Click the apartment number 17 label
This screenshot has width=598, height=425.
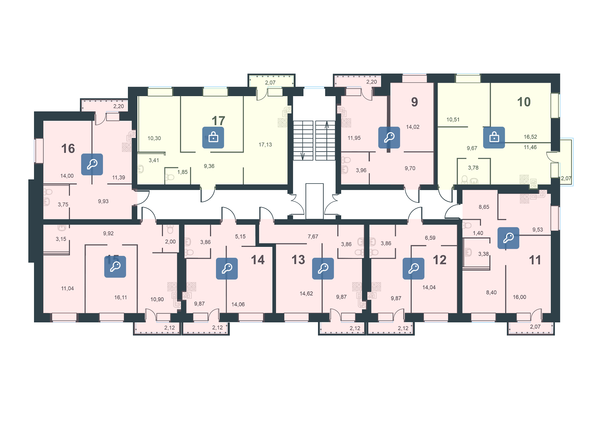pos(218,121)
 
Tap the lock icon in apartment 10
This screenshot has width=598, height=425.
pos(494,137)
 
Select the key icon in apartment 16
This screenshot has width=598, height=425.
pos(92,164)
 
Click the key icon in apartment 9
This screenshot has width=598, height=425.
pos(389,137)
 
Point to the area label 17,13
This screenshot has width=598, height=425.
pos(265,144)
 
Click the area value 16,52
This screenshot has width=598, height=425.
pos(530,137)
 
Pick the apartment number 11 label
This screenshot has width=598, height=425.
pos(535,260)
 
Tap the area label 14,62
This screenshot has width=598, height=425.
pos(306,293)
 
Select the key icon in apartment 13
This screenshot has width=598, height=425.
pos(323,268)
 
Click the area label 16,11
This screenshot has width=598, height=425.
pos(120,297)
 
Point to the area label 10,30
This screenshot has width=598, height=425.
pos(154,138)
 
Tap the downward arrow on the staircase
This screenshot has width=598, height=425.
pos(302,155)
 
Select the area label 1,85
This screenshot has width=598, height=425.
pos(183,172)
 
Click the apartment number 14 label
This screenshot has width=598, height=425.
pos(258,260)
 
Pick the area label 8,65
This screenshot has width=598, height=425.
pos(484,207)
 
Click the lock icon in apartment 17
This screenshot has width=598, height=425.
pos(213,137)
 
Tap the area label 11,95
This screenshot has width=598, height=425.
pos(354,138)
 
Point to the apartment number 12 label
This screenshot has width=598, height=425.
pos(440,260)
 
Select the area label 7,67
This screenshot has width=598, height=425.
pos(313,237)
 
